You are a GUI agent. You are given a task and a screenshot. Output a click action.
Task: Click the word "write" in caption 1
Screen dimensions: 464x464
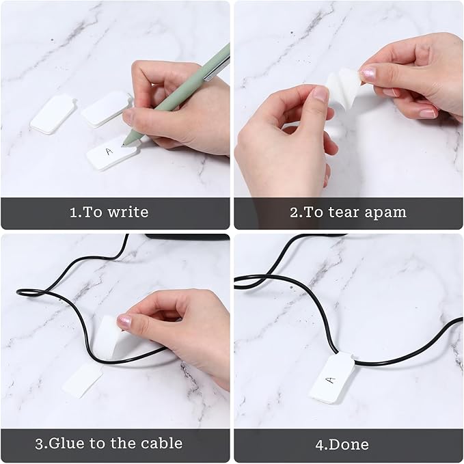coord(127,213)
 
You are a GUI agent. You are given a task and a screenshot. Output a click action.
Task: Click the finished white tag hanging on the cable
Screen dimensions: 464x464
coord(333,377)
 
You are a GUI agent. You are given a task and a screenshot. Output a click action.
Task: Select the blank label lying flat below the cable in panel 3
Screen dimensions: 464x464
coord(83,381)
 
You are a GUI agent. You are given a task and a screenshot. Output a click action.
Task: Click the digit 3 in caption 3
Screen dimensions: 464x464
coord(40,443)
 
